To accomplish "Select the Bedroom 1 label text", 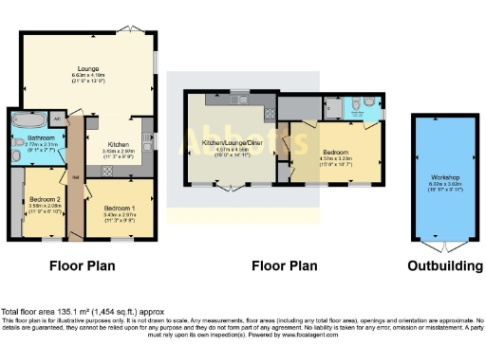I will click(119, 208).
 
